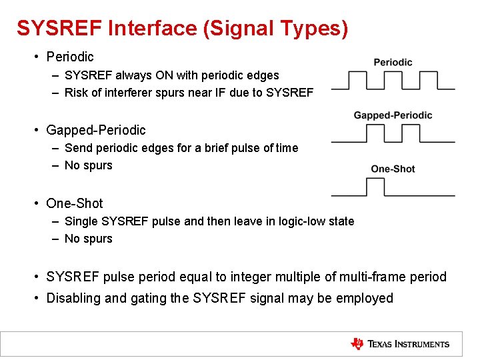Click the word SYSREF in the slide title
point(59,28)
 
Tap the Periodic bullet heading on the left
point(70,57)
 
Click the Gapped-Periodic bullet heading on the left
point(95,130)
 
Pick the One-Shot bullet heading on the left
point(75,203)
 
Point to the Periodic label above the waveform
point(393,62)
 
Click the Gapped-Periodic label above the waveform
point(393,115)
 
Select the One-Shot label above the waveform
point(393,169)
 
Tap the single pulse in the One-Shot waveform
point(376,187)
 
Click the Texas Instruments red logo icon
point(357,344)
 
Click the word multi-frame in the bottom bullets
point(373,277)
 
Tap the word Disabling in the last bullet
point(73,298)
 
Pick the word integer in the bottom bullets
point(251,277)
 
